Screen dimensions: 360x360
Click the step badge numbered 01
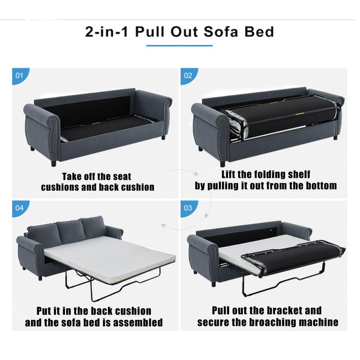pyautogui.click(x=19, y=75)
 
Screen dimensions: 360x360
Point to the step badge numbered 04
pyautogui.click(x=19, y=208)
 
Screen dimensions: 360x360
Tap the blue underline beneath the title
pyautogui.click(x=180, y=45)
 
